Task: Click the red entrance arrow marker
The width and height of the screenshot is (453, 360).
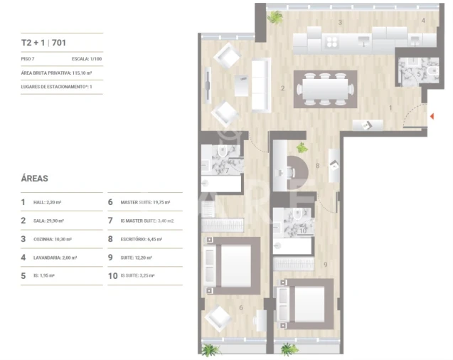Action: point(431,115)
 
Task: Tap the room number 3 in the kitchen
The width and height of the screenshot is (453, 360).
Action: point(340,23)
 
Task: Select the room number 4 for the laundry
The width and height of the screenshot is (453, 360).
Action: point(422,21)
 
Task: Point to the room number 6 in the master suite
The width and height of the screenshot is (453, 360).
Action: point(240,307)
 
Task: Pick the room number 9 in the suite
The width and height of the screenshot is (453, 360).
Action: point(326,265)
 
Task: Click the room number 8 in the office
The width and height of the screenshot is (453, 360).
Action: point(318,166)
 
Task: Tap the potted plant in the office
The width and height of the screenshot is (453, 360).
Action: point(302,148)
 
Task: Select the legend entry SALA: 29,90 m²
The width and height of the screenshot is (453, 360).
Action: point(52,221)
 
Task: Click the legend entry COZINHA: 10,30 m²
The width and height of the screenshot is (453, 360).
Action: point(55,239)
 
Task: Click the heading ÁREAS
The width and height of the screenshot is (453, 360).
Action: point(35,179)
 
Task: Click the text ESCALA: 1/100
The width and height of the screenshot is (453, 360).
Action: point(87,59)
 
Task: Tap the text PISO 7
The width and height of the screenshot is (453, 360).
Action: point(29,59)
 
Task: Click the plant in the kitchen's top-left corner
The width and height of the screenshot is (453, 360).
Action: point(274,16)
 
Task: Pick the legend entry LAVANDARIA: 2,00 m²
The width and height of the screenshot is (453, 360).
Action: point(59,258)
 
